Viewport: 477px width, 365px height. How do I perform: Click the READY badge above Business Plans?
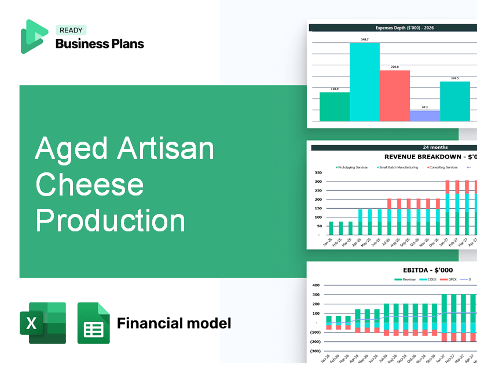(x=71, y=31)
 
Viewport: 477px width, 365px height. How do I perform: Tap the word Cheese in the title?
(x=89, y=185)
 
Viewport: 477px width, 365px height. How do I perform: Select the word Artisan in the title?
(x=166, y=149)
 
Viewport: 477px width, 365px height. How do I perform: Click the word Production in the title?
(x=110, y=221)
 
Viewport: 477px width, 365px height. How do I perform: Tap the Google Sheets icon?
(x=93, y=323)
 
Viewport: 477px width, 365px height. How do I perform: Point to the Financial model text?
(x=174, y=323)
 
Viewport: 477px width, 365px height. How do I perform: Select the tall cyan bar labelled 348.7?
(x=365, y=82)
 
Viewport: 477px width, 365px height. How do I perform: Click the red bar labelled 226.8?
(x=395, y=95)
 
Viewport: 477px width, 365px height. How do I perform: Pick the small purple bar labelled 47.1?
(x=425, y=116)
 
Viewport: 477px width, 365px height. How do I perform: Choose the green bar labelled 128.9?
(x=335, y=106)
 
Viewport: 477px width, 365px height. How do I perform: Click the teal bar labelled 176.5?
(x=455, y=101)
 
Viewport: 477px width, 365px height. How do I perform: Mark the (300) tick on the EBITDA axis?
(x=315, y=351)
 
